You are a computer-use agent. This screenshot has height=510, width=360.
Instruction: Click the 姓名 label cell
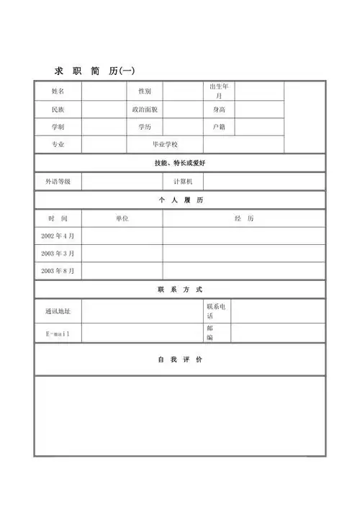tap(58, 91)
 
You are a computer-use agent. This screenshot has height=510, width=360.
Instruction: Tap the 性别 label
tap(145, 91)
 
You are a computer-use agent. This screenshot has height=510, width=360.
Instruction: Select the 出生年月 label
tap(219, 91)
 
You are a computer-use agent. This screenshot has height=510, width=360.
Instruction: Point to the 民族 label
tap(58, 109)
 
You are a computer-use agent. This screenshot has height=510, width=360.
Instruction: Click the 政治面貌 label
tap(145, 109)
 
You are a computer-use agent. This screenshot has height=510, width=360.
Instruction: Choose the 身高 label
tap(219, 109)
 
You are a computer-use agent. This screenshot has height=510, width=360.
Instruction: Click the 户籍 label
tap(219, 127)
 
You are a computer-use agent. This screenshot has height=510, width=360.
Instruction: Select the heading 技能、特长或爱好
tap(180, 164)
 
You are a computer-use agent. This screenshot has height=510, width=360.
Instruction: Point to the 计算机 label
tap(183, 182)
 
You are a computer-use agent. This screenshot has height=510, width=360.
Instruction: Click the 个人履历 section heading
tap(180, 200)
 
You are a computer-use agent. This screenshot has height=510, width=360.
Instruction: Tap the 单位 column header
tap(122, 218)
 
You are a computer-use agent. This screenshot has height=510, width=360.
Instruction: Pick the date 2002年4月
tap(58, 236)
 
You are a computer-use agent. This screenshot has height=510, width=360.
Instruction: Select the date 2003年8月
tap(58, 271)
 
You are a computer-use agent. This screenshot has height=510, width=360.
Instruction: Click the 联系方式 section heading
tap(180, 290)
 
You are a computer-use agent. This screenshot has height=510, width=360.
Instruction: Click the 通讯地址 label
tap(58, 311)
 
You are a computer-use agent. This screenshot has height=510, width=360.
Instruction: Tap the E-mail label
tap(58, 333)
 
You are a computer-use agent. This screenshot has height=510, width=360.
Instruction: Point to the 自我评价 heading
tap(180, 359)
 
